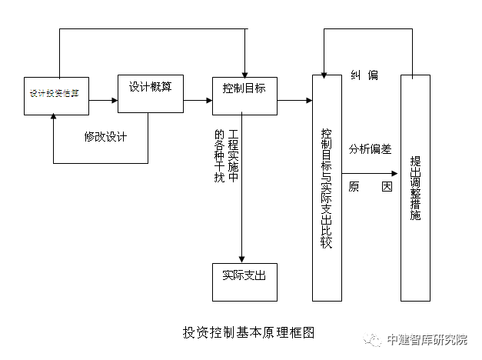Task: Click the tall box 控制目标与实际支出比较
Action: click(x=326, y=188)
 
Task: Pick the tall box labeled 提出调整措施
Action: click(x=415, y=188)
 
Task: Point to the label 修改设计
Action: click(x=105, y=137)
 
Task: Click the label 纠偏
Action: click(x=364, y=75)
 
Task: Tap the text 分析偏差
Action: click(x=371, y=148)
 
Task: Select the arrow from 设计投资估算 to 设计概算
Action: click(x=103, y=100)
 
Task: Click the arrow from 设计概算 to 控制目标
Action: click(x=198, y=100)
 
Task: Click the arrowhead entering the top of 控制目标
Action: click(x=244, y=73)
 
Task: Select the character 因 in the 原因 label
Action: click(x=387, y=187)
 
